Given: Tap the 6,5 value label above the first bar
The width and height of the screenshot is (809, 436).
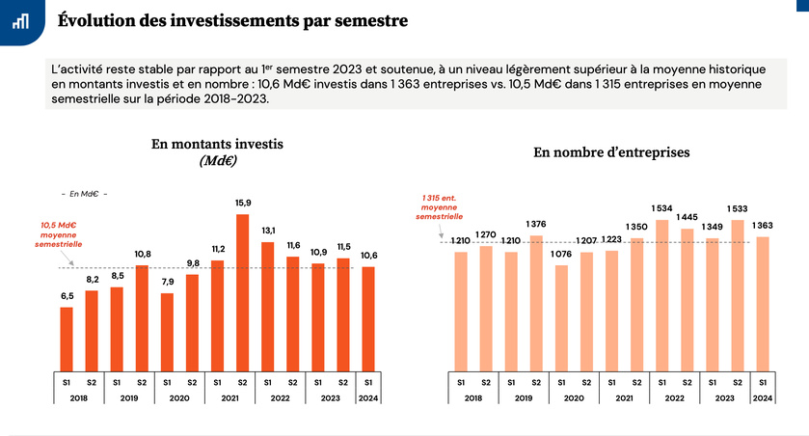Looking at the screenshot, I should [66, 295].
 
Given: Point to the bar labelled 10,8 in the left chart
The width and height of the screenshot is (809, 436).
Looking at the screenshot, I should [142, 318].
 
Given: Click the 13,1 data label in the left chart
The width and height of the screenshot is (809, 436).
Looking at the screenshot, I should [267, 230].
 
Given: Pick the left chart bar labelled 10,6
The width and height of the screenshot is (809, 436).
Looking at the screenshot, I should [368, 319].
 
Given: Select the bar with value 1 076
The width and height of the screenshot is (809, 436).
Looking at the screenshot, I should [561, 318].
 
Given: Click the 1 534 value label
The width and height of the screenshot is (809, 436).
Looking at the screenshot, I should [661, 207].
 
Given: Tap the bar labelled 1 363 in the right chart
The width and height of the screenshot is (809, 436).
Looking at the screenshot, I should [762, 304].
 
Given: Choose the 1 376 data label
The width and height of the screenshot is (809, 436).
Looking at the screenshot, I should [536, 224].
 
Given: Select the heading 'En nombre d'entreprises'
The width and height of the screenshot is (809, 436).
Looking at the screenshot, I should [611, 152].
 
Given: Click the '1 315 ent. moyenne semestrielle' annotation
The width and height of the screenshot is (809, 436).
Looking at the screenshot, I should [440, 207].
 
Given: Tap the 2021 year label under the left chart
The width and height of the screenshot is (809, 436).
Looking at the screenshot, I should [229, 397].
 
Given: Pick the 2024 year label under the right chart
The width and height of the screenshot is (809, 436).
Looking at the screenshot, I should [762, 397].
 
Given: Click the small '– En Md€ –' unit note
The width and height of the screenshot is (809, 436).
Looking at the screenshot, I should [84, 194].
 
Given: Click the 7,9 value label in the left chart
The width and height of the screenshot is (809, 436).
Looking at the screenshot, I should [167, 282].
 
